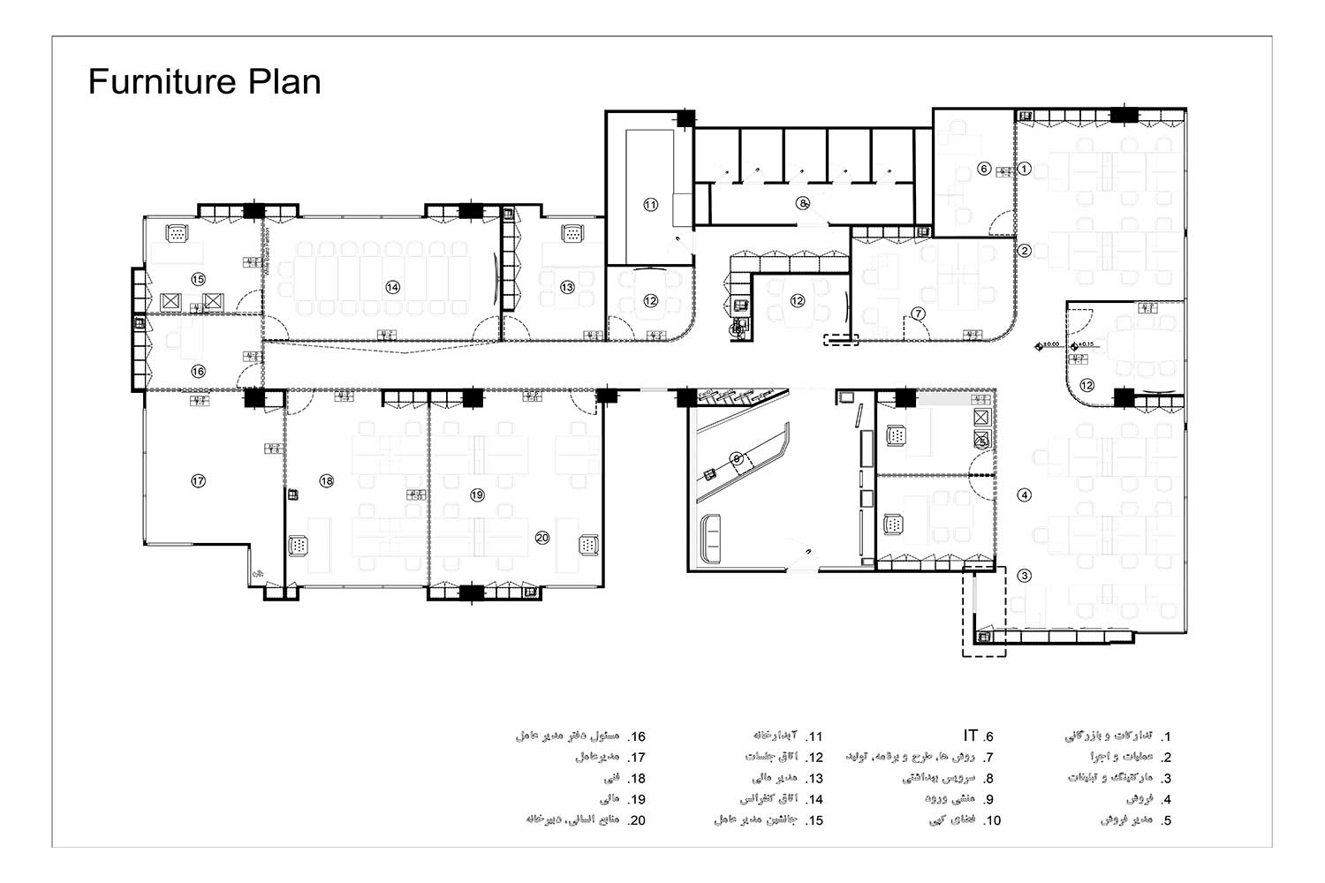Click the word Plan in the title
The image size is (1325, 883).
click(284, 82)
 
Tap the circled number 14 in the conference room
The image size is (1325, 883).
click(392, 287)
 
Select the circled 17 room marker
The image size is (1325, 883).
click(198, 481)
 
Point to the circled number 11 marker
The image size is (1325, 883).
click(650, 205)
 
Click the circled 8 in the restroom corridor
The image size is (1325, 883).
click(802, 203)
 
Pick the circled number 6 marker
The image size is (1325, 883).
click(984, 169)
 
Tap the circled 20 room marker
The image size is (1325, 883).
click(542, 538)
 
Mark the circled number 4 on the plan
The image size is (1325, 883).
click(1025, 495)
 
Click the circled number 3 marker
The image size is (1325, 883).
click(1024, 576)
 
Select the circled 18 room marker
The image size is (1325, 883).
click(327, 481)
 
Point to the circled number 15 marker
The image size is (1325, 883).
click(198, 279)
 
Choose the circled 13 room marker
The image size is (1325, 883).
click(567, 287)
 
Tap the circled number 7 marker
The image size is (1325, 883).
click(919, 313)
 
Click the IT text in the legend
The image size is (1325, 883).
click(971, 736)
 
